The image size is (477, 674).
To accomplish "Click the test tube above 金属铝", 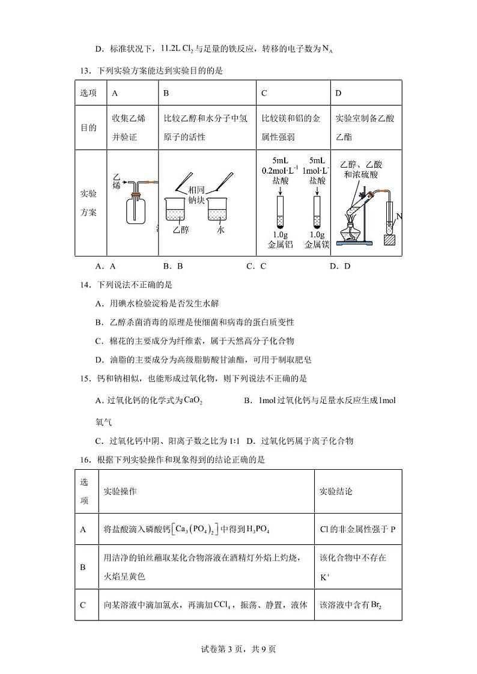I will pos(281,211).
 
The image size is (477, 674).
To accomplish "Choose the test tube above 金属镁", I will pos(317,211).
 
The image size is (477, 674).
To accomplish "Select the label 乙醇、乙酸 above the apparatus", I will pos(361,165).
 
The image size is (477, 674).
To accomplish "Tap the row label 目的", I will pos(88,128).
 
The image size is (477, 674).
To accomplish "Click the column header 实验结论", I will pos(336,491).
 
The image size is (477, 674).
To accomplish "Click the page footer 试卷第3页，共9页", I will pos(239,649).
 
